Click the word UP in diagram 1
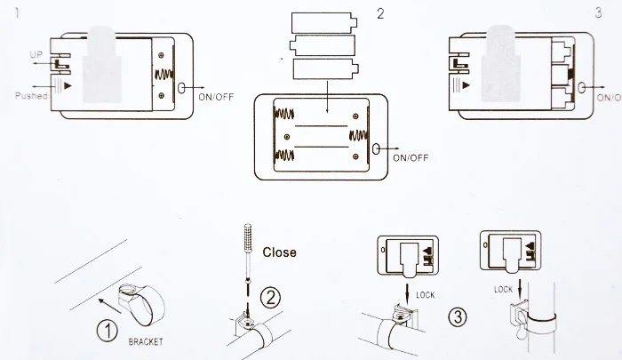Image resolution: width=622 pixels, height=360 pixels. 36,54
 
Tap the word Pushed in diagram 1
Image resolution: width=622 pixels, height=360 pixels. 31,96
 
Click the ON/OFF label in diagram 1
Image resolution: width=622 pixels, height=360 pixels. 216,97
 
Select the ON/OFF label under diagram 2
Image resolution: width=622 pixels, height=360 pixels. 411,158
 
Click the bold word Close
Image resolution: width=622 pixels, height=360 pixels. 279,252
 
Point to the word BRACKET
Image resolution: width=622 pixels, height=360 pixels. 146,341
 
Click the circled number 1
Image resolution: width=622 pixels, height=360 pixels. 108,331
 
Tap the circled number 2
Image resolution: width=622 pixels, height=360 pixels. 270,298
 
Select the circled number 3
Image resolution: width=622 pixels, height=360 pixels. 458,317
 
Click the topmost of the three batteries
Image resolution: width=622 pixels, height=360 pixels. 324,23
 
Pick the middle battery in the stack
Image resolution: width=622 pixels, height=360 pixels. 322,45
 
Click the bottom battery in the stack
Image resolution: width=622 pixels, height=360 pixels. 326,68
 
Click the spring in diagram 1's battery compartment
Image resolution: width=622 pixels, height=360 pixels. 163,75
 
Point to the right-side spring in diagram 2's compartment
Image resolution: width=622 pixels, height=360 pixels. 359,136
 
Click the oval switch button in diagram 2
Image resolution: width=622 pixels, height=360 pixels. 376,149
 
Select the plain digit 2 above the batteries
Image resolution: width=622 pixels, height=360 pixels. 380,14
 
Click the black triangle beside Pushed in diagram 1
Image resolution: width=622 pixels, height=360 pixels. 68,85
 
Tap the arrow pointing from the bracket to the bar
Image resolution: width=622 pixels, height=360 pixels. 109,306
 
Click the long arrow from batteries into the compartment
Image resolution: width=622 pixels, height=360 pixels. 327,97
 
